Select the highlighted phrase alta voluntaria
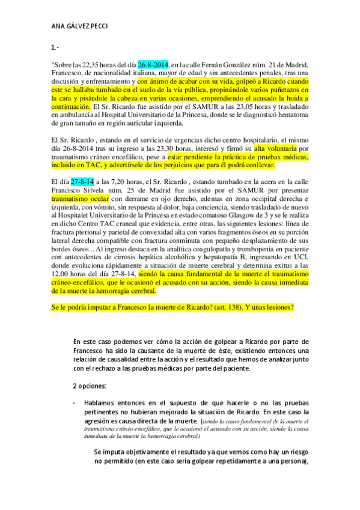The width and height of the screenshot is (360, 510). coord(276,149)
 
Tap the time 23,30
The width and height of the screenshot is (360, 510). coord(168,149)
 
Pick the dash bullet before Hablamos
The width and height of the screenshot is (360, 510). coord(74,401)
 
